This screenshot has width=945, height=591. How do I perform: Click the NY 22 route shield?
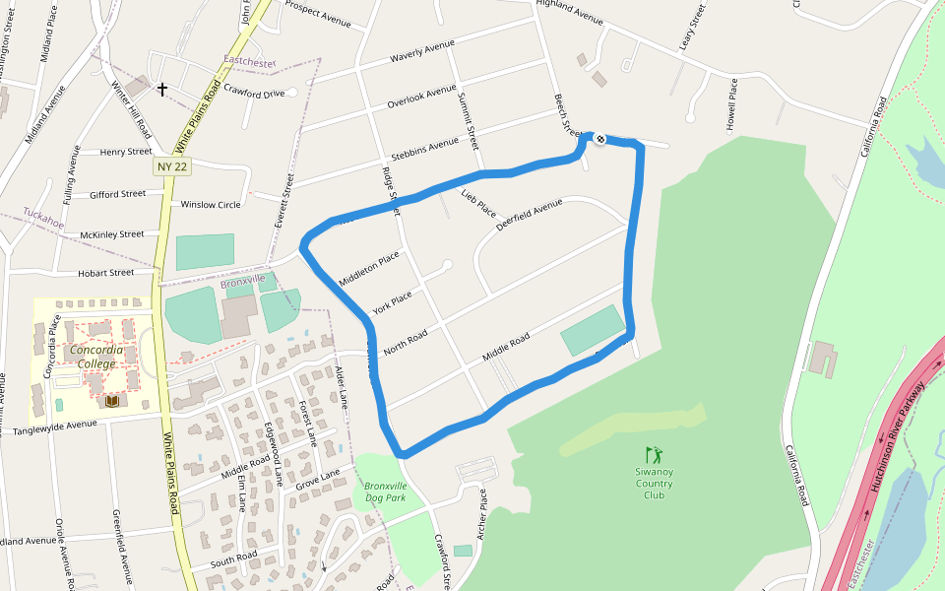[172, 167]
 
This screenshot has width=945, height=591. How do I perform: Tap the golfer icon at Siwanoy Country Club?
[654, 455]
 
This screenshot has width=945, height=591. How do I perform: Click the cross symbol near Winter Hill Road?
[162, 90]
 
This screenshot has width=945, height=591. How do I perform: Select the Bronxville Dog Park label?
[385, 492]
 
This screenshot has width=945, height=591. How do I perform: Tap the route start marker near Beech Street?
[598, 138]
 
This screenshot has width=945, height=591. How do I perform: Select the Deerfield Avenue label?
[530, 214]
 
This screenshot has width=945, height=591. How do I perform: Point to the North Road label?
[406, 342]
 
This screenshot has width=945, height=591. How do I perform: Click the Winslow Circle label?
[211, 205]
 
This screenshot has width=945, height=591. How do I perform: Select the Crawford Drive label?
[254, 94]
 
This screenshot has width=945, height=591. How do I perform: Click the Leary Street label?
[692, 29]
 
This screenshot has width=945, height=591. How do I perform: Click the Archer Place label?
[482, 511]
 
